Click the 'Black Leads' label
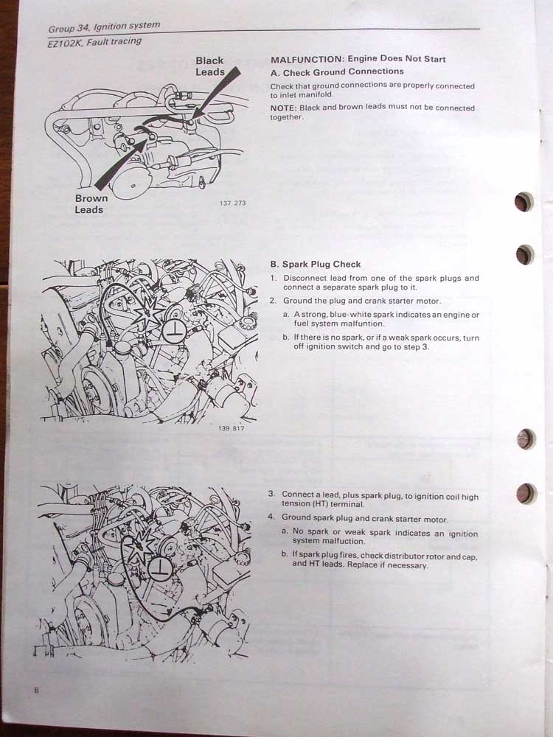[210, 66]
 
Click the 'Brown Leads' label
[91, 204]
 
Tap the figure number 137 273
[232, 203]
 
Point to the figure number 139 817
[231, 428]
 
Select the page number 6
[37, 690]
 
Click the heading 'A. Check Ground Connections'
[337, 72]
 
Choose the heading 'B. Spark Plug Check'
[316, 264]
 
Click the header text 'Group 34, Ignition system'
[104, 27]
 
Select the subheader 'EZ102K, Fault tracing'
[94, 42]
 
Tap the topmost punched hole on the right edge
[524, 202]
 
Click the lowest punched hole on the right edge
[526, 494]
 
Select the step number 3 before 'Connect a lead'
[271, 494]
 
